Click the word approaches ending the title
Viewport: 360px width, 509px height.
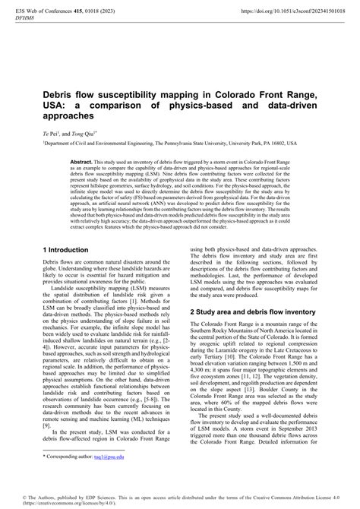[68, 118]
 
